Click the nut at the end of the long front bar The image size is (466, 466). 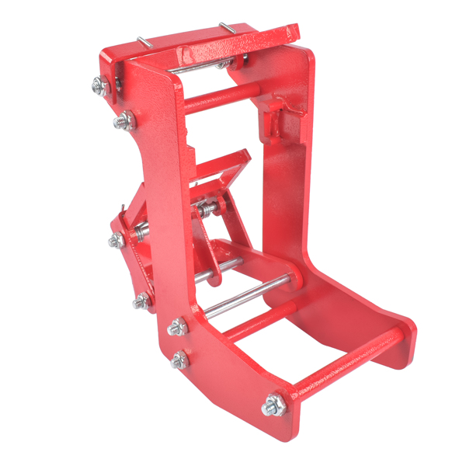(273, 404)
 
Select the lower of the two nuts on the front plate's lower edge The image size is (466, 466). (180, 360)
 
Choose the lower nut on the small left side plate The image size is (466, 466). (141, 300)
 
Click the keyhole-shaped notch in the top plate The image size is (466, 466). (186, 54)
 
